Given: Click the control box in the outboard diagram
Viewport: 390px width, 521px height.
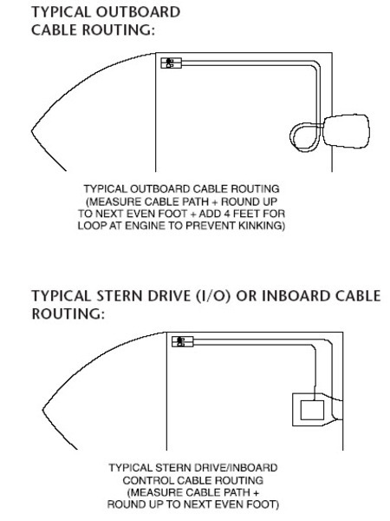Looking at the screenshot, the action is [171, 63].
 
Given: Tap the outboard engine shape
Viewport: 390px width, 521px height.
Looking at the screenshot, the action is [347, 131].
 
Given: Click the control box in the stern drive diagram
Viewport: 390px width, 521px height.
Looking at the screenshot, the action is [182, 341].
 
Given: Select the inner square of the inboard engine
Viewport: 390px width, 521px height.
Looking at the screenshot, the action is [312, 410].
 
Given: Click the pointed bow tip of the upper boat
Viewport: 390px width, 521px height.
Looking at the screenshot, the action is [32, 131].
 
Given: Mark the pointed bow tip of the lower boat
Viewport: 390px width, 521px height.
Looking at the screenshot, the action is [43, 409].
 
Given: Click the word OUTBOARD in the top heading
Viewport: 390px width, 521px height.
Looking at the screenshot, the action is [138, 12].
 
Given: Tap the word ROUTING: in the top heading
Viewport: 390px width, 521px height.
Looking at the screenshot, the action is [119, 30].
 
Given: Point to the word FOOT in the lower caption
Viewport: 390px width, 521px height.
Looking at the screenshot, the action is [261, 505].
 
